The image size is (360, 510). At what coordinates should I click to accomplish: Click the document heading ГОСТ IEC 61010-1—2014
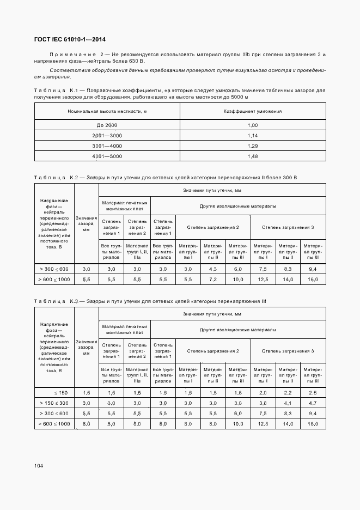70,40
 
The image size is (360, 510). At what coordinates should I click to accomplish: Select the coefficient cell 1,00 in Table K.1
253,125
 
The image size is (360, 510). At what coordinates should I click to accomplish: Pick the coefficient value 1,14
253,136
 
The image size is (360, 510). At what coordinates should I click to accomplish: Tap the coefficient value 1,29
253,146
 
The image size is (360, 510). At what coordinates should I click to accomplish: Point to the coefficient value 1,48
253,156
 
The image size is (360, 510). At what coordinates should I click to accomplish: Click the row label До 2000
107,125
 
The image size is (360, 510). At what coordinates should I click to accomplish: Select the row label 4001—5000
107,156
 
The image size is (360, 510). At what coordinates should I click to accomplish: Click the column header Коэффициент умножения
253,111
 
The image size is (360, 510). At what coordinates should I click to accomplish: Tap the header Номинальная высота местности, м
107,111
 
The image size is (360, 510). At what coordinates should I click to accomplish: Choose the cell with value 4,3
213,269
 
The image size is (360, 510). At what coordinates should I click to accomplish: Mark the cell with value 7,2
213,279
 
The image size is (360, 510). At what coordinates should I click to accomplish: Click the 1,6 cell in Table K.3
238,393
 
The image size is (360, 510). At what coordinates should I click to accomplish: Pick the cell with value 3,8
263,403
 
